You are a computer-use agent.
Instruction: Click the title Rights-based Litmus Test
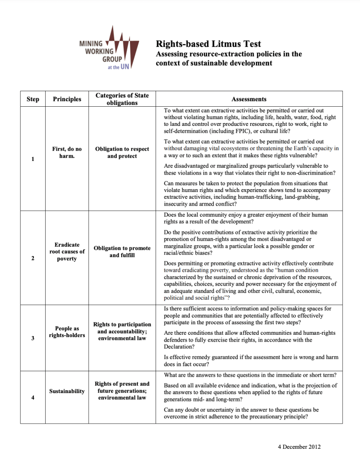[x=209, y=44]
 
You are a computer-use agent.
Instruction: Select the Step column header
[x=33, y=99]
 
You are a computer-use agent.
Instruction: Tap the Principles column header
[x=67, y=99]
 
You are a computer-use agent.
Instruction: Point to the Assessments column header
[x=249, y=99]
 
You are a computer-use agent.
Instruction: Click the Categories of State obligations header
[x=122, y=99]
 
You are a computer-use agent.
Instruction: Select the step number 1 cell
[x=33, y=159]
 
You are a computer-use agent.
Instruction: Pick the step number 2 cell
[x=33, y=259]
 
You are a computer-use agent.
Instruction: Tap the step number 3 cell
[x=33, y=338]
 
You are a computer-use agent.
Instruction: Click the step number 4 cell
[x=33, y=398]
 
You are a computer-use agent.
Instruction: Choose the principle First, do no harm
[x=67, y=152]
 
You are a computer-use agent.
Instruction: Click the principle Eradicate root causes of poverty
[x=67, y=252]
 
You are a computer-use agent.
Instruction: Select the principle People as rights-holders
[x=67, y=332]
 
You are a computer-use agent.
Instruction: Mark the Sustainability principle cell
[x=67, y=391]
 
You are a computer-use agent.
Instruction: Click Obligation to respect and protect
[x=122, y=152]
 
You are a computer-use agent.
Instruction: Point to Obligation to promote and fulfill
[x=122, y=252]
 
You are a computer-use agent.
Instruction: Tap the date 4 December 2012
[x=299, y=446]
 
